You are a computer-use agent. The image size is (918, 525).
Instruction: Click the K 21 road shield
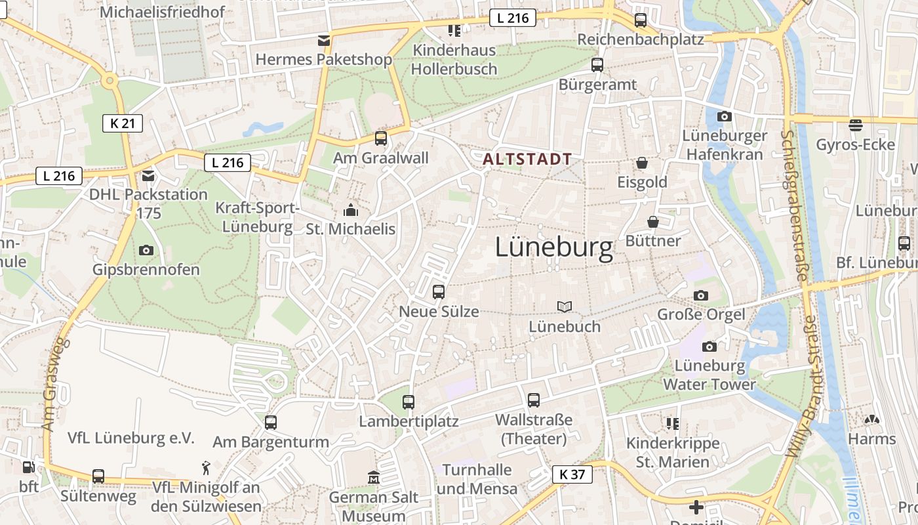coord(123,123)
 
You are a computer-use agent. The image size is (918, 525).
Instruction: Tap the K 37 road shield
coord(572,474)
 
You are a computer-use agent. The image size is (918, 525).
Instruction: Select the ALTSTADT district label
coord(527,159)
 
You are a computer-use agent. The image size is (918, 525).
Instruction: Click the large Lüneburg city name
coord(554,247)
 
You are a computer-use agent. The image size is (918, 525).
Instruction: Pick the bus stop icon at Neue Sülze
coord(439,292)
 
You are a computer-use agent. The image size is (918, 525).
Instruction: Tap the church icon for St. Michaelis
coord(351,211)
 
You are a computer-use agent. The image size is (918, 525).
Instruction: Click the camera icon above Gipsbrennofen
coord(146,250)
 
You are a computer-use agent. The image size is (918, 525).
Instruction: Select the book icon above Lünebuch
coord(565,306)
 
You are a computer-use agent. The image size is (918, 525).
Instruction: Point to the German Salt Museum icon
coord(374,477)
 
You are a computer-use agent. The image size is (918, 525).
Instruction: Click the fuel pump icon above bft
coord(28,467)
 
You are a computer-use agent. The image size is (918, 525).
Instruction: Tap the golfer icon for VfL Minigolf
coord(207,468)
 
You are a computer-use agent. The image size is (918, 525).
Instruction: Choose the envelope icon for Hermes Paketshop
coord(323,41)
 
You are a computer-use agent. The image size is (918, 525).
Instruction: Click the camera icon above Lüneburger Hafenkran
coord(724,117)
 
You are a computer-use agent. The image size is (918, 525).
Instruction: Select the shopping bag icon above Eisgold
coord(642,162)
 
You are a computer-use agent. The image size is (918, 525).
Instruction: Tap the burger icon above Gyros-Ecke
coord(855,125)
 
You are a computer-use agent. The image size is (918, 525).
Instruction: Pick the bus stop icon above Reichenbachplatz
coord(641,20)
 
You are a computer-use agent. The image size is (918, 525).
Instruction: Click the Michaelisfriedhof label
coord(163,12)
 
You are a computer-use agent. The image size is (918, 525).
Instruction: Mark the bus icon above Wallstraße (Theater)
coord(534,400)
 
